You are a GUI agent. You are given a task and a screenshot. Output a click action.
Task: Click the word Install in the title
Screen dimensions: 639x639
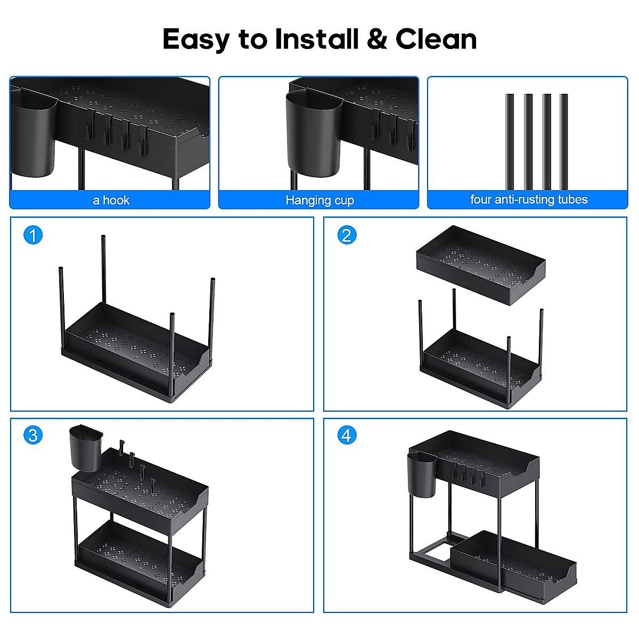tap(316, 39)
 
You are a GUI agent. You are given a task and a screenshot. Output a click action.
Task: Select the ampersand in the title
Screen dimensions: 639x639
tap(377, 40)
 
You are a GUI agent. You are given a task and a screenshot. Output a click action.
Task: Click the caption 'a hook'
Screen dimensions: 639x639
tap(111, 200)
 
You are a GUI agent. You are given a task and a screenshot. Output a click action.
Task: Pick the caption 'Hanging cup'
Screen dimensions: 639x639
tap(319, 200)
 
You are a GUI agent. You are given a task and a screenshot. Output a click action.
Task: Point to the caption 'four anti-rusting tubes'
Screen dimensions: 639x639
tap(528, 200)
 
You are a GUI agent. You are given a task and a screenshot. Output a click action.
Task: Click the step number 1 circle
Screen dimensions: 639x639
tap(33, 235)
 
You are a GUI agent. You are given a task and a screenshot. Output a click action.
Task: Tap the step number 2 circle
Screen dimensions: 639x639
tap(347, 235)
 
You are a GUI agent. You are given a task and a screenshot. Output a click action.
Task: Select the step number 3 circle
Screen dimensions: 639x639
tap(33, 435)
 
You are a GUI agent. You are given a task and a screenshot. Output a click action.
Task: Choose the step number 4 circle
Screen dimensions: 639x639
tap(347, 435)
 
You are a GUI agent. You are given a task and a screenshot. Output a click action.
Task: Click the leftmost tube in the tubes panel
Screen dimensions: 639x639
tap(510, 141)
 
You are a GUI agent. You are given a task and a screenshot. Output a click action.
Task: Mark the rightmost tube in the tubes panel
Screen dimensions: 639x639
tap(563, 141)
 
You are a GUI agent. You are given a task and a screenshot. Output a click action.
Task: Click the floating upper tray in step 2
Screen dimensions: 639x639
tap(480, 265)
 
